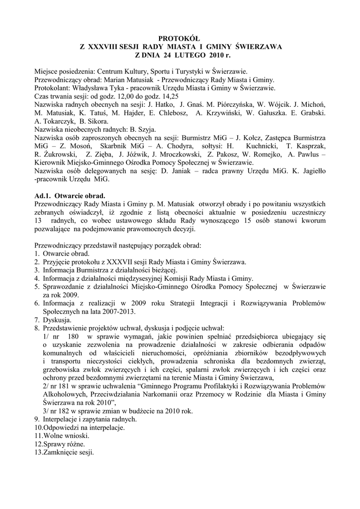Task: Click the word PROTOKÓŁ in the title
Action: [180, 38]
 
